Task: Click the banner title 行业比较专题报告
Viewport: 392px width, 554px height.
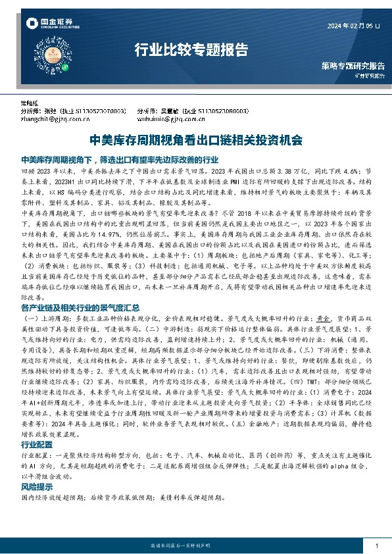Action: tap(191, 49)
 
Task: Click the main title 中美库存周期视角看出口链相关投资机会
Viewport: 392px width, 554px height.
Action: tap(195, 140)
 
